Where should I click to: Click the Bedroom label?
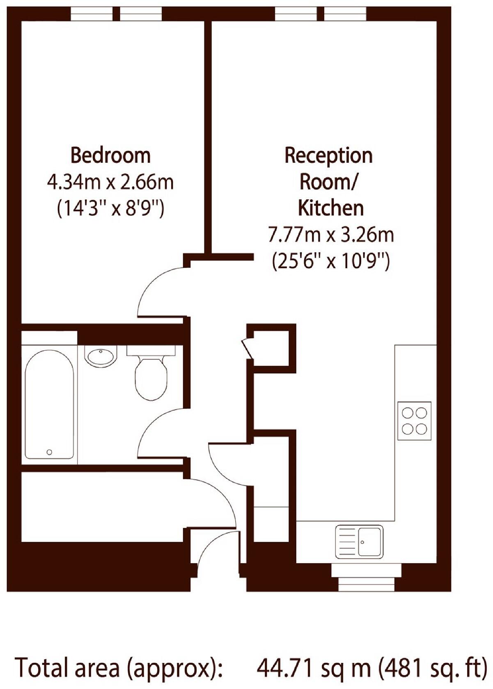(110, 155)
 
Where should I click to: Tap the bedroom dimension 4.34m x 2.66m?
(110, 182)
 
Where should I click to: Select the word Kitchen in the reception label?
(330, 208)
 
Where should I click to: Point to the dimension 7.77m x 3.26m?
(330, 235)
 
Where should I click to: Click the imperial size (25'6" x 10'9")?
(330, 261)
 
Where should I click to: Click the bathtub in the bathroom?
(49, 404)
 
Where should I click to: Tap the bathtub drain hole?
(49, 452)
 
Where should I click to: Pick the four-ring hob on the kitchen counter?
(414, 420)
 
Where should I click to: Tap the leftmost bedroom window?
(91, 14)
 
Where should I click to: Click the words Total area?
(68, 668)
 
